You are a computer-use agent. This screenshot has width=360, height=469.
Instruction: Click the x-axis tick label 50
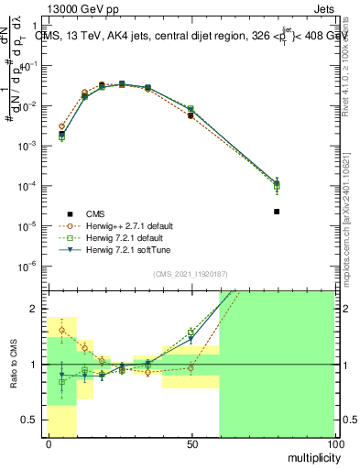pyautogui.click(x=191, y=443)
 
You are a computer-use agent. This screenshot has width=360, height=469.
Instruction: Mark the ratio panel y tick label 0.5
pyautogui.click(x=30, y=420)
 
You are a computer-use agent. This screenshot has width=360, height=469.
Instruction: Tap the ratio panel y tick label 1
pyautogui.click(x=35, y=365)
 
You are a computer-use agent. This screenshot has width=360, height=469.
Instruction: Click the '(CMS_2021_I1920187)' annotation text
pyautogui.click(x=190, y=274)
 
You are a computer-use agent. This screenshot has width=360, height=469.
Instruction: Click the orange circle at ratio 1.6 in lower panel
pyautogui.click(x=62, y=330)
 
